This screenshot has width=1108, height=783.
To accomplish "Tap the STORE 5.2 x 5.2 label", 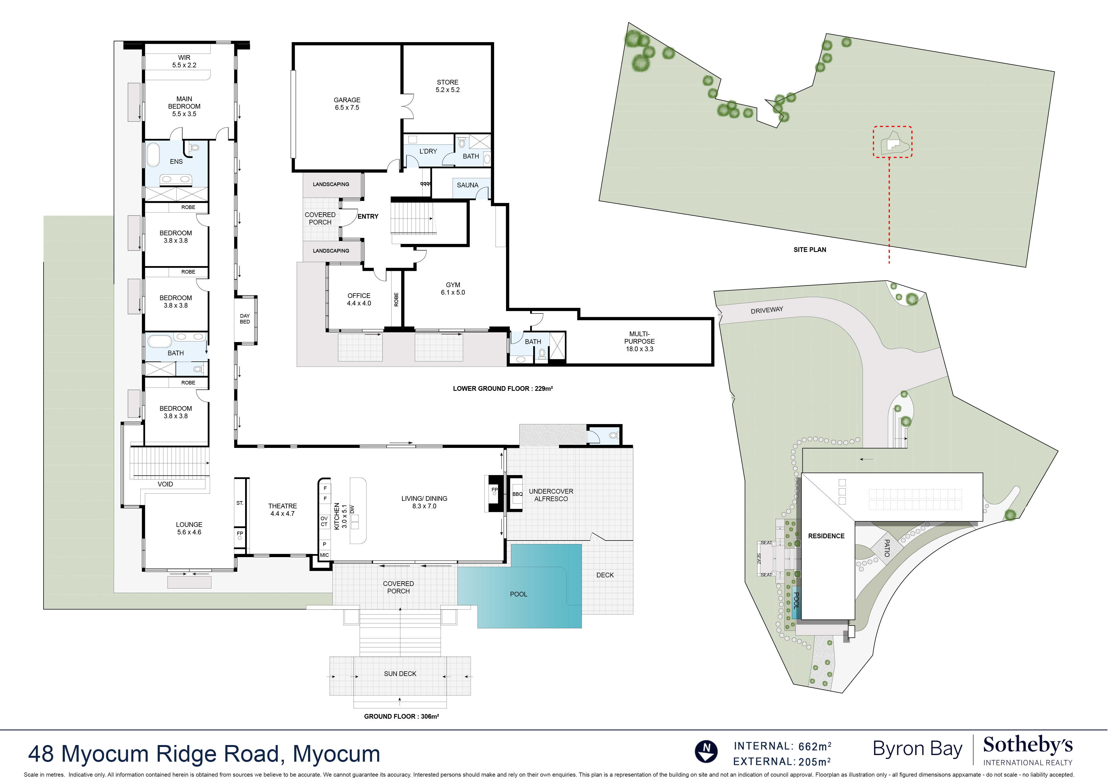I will coord(447,86).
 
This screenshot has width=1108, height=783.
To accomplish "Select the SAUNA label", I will coord(467,185).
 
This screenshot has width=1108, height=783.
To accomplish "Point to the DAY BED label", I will coord(245,319).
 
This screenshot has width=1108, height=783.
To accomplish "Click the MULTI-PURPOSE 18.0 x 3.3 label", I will coord(639,341).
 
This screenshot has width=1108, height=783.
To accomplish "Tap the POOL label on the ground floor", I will coord(518,594).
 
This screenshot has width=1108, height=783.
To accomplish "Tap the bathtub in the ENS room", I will coord(153,154).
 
